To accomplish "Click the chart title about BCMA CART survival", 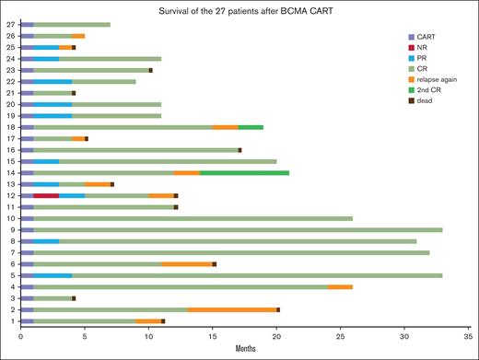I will pos(238,9).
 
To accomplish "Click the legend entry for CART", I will pos(423,34).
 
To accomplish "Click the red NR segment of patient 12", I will pos(46,195).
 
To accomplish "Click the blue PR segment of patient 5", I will pos(53,275).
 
